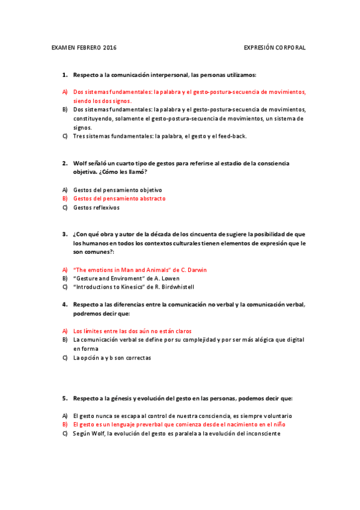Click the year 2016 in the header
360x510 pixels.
110,47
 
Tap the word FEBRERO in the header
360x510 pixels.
88,47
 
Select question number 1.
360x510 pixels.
64,75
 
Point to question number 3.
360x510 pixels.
64,234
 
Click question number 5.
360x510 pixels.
64,398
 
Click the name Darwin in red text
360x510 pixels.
197,270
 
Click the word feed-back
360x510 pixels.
231,136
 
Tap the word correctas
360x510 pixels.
137,358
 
